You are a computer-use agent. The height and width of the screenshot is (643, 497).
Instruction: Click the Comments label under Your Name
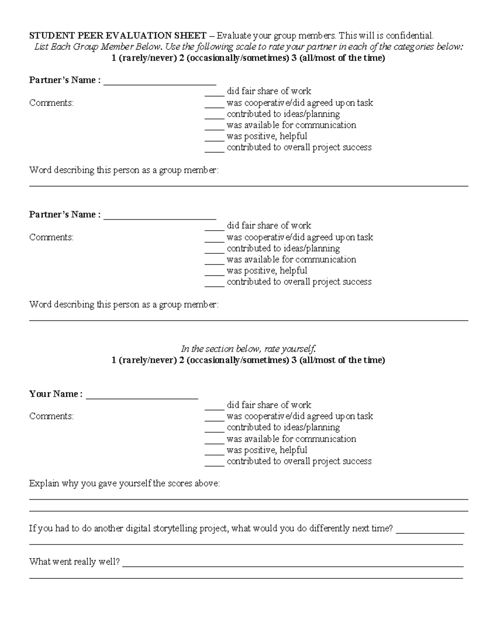click(x=51, y=416)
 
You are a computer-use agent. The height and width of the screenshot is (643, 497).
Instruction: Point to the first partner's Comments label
click(x=51, y=103)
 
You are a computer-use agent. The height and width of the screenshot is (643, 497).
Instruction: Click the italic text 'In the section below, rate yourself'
click(x=248, y=349)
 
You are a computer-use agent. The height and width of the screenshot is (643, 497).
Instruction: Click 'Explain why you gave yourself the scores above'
click(x=124, y=484)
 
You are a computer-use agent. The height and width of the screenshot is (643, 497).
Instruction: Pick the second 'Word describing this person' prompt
click(x=123, y=305)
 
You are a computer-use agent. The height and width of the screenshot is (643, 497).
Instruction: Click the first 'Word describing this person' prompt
click(x=123, y=170)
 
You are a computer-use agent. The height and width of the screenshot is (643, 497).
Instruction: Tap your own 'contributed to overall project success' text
click(x=299, y=461)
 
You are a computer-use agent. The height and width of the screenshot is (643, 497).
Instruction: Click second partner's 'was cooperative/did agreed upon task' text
click(x=300, y=237)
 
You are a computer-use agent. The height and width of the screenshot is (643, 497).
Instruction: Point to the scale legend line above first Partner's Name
click(x=248, y=58)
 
